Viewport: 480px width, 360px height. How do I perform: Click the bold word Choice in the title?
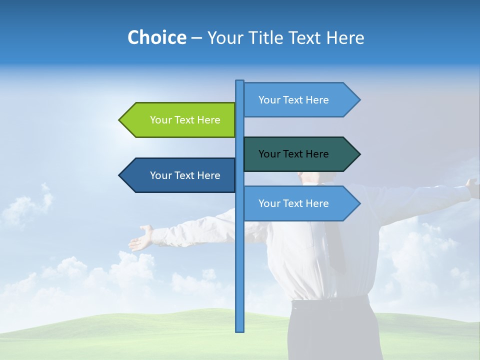click(x=156, y=37)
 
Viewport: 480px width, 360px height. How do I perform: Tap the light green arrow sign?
click(x=180, y=120)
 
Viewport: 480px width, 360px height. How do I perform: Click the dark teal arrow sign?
click(x=300, y=154)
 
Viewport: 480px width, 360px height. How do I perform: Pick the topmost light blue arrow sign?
click(x=300, y=100)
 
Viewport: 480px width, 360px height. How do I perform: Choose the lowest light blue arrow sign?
click(x=300, y=203)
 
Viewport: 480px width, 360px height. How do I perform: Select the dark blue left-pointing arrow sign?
click(x=180, y=175)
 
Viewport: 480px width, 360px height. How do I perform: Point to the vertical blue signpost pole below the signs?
click(x=240, y=275)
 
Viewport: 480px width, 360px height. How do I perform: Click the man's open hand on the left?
click(x=141, y=239)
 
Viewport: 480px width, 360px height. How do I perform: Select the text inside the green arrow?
click(x=185, y=120)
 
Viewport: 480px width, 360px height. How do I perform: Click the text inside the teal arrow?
click(x=293, y=154)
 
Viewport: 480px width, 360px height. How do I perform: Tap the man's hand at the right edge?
click(x=472, y=184)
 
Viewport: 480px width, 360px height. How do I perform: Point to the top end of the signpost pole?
click(x=240, y=82)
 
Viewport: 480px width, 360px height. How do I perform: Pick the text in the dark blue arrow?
click(x=185, y=175)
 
